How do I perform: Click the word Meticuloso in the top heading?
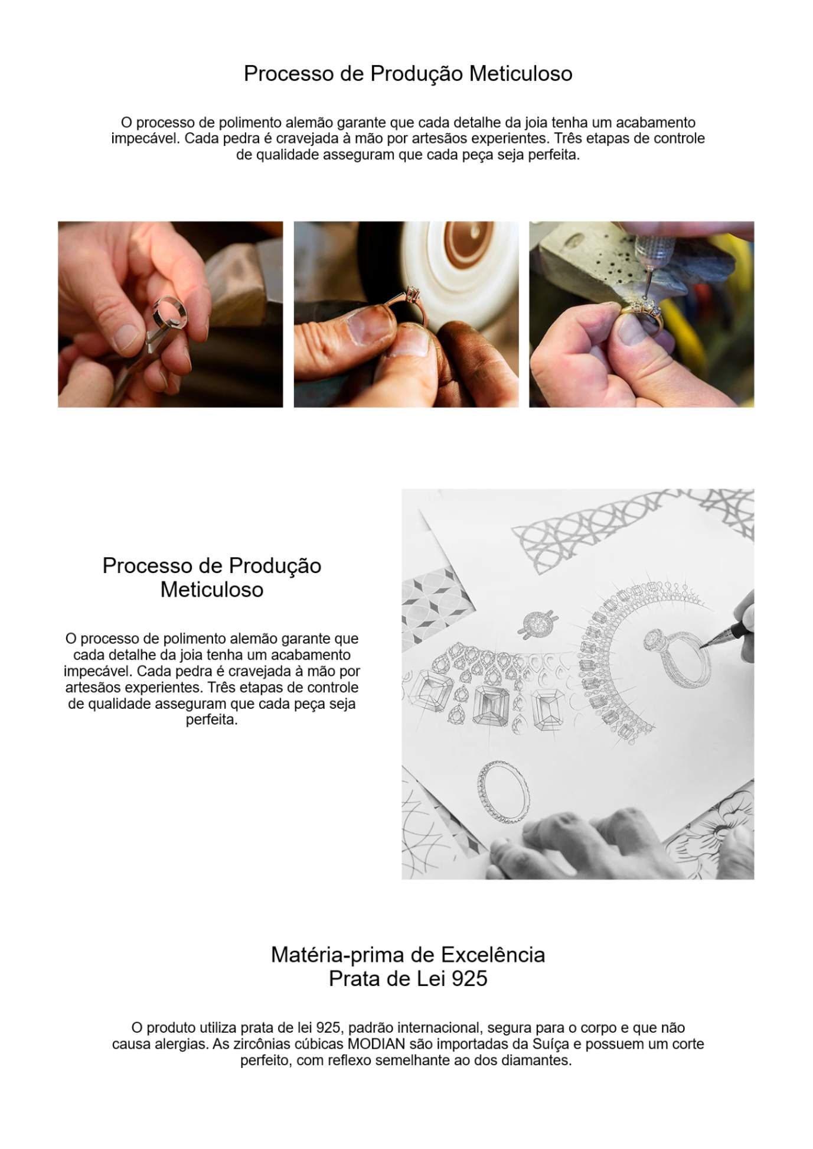pyautogui.click(x=521, y=73)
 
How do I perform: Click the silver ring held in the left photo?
pyautogui.click(x=170, y=313)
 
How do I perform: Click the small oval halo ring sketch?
pyautogui.click(x=538, y=623)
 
